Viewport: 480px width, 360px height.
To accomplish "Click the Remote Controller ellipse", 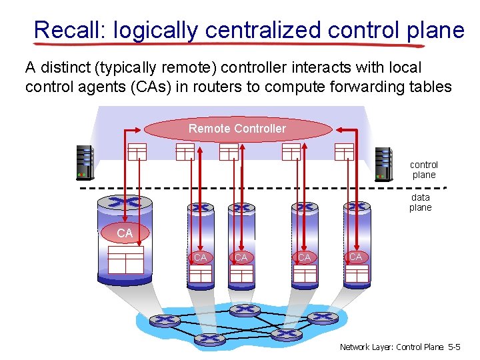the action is tap(237, 129).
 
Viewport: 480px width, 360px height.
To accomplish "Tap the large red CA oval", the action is tap(125, 233).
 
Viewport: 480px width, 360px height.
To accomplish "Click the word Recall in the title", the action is tap(71, 30).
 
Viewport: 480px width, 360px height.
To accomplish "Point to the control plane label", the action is tap(424, 169).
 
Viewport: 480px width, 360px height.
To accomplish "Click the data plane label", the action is tap(421, 202).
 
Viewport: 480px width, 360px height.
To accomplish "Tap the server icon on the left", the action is tap(85, 163).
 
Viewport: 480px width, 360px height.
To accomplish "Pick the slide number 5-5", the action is tap(454, 347).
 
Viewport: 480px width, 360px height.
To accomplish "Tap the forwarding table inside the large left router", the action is tap(126, 259).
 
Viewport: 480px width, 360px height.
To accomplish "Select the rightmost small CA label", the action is tap(356, 257).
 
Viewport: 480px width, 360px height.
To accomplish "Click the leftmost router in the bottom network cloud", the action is tap(161, 321).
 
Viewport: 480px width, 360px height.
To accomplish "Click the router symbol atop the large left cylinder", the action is tap(124, 202).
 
